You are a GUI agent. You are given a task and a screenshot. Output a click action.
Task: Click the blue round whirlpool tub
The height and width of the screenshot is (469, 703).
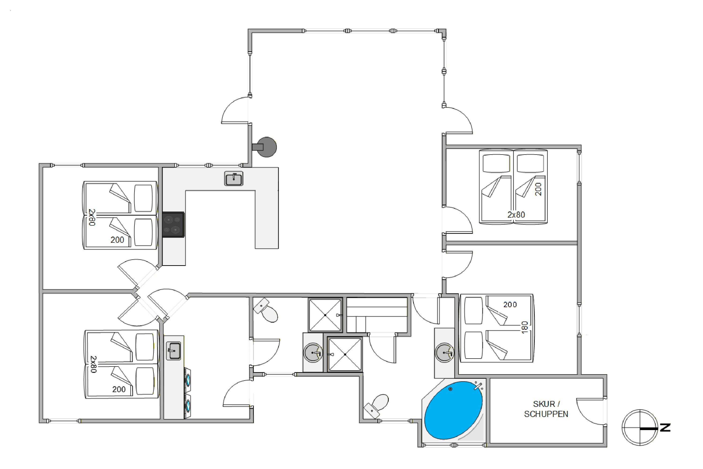(453, 410)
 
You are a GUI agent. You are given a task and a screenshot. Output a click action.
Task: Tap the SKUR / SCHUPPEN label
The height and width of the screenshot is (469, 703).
(546, 409)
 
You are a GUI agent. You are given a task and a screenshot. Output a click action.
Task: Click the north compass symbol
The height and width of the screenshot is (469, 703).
(646, 428)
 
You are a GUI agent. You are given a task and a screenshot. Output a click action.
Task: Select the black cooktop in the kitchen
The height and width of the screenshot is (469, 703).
(173, 225)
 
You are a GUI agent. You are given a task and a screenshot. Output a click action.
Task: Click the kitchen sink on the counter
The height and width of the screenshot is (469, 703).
(233, 178)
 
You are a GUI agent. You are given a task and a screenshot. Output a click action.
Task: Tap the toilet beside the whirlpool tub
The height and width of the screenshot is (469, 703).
(376, 406)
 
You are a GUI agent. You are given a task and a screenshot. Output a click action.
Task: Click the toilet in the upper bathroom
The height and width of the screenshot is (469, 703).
(265, 310)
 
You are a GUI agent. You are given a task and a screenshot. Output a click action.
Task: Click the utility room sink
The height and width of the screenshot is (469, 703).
(173, 351)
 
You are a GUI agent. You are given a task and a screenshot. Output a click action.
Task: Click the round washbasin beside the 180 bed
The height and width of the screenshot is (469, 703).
(445, 353)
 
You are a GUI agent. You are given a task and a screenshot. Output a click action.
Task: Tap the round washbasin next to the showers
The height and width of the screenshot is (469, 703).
(313, 353)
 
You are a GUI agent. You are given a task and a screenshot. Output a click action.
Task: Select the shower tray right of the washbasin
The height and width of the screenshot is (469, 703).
(345, 354)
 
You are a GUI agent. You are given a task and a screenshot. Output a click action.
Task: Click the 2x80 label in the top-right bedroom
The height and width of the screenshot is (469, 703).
(516, 215)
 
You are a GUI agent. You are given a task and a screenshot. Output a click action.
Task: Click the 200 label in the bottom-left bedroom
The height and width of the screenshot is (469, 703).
(119, 389)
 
